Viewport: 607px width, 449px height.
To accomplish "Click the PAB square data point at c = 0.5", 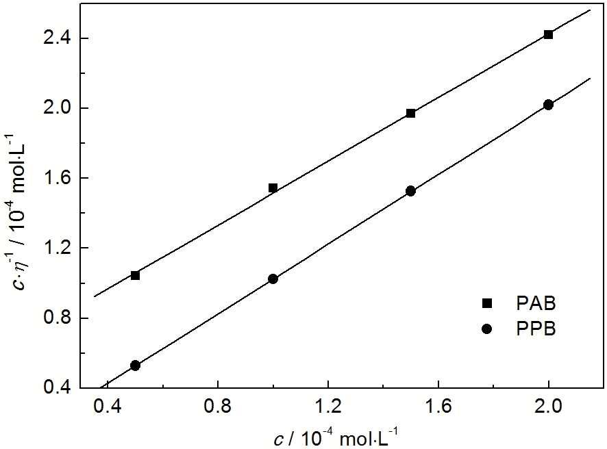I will click(x=135, y=275).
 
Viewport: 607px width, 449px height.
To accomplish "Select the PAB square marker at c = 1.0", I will click(x=273, y=188).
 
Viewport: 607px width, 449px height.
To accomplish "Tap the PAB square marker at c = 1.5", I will click(x=410, y=113).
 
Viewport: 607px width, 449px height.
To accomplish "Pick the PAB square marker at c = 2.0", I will click(x=548, y=34).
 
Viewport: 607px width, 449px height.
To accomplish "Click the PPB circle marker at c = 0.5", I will click(x=135, y=365).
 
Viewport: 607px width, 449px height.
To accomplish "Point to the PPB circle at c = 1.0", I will click(x=273, y=279).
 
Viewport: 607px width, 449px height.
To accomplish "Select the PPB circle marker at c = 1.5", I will click(x=410, y=191).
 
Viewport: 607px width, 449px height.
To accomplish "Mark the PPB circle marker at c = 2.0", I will click(x=548, y=105).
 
